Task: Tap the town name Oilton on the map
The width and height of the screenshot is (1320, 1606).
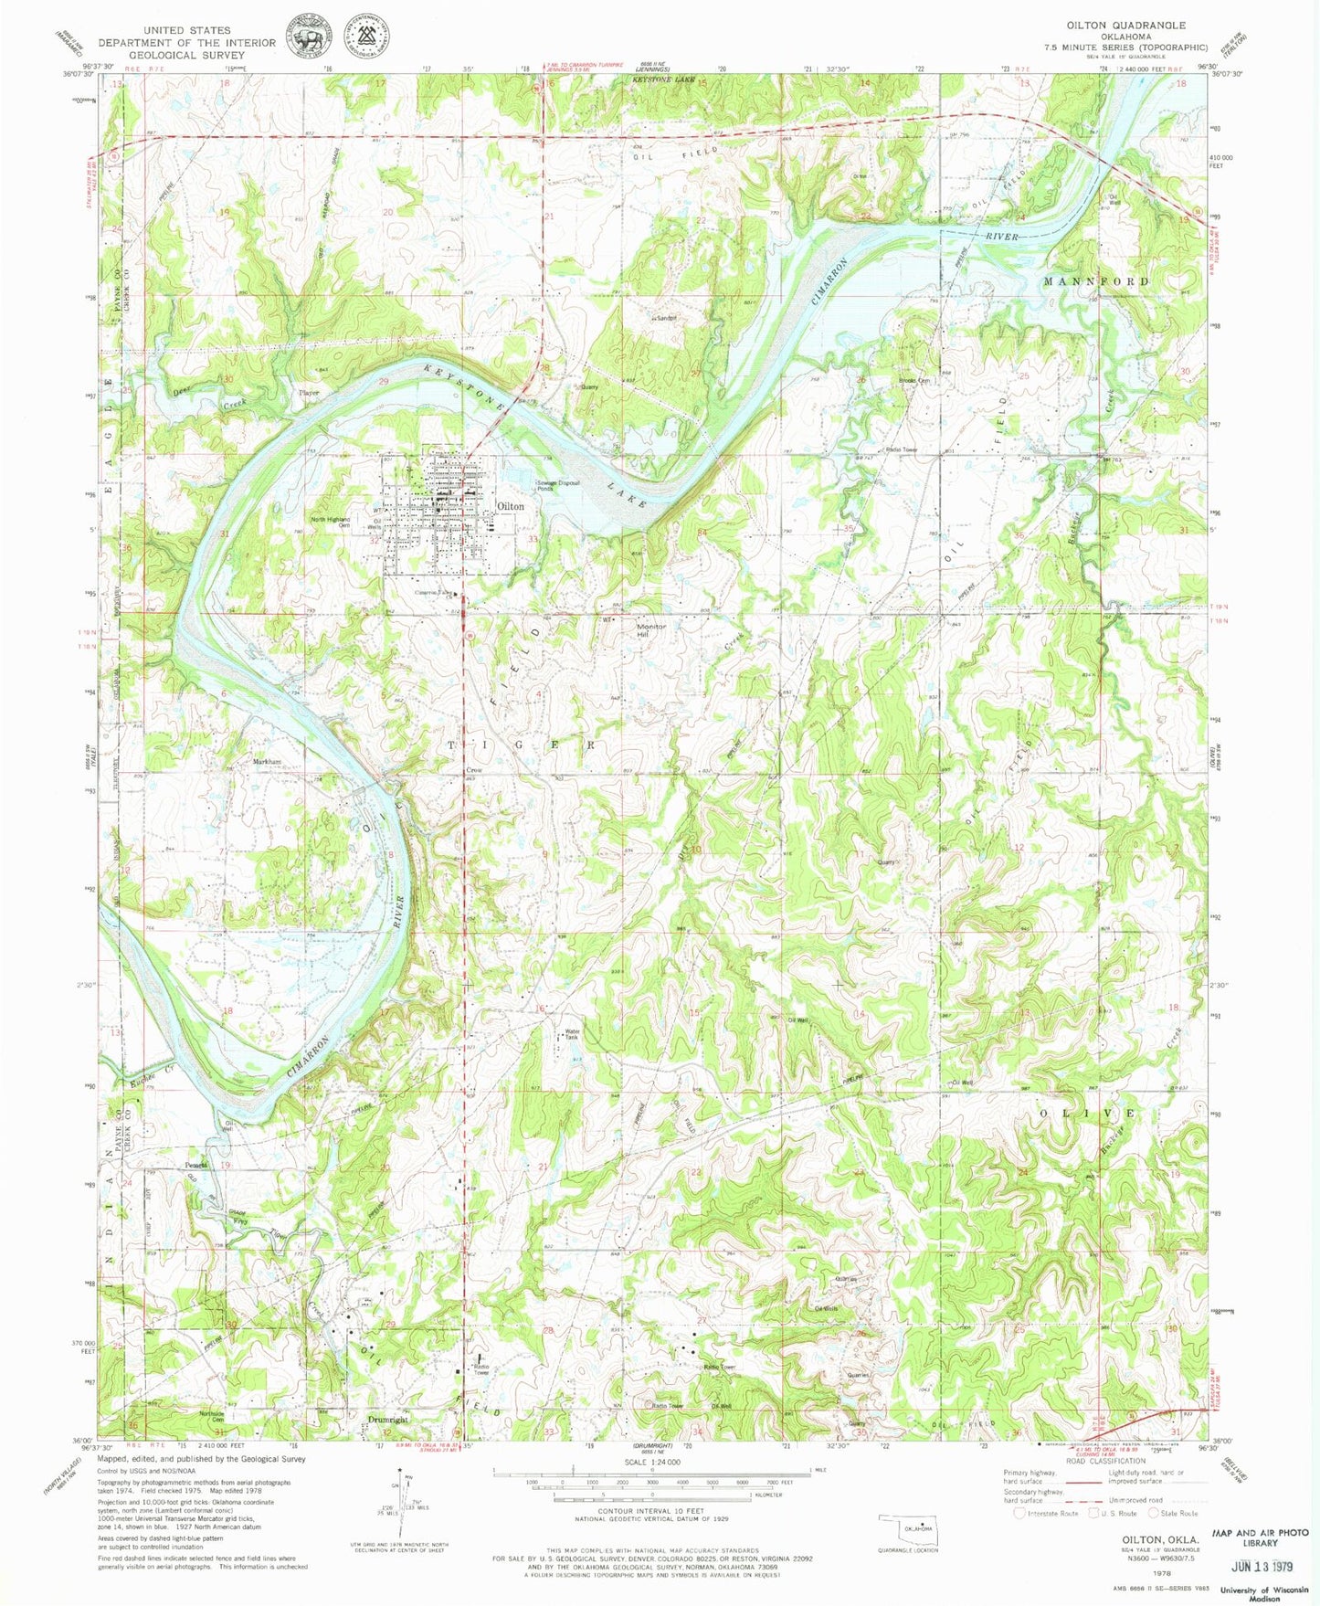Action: point(510,506)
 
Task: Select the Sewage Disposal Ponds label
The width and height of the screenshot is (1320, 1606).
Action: point(558,484)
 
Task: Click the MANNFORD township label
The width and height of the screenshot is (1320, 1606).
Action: point(1096,281)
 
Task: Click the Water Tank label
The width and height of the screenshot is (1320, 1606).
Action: point(571,1034)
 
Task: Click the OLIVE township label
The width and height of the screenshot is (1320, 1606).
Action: point(1087,1114)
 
